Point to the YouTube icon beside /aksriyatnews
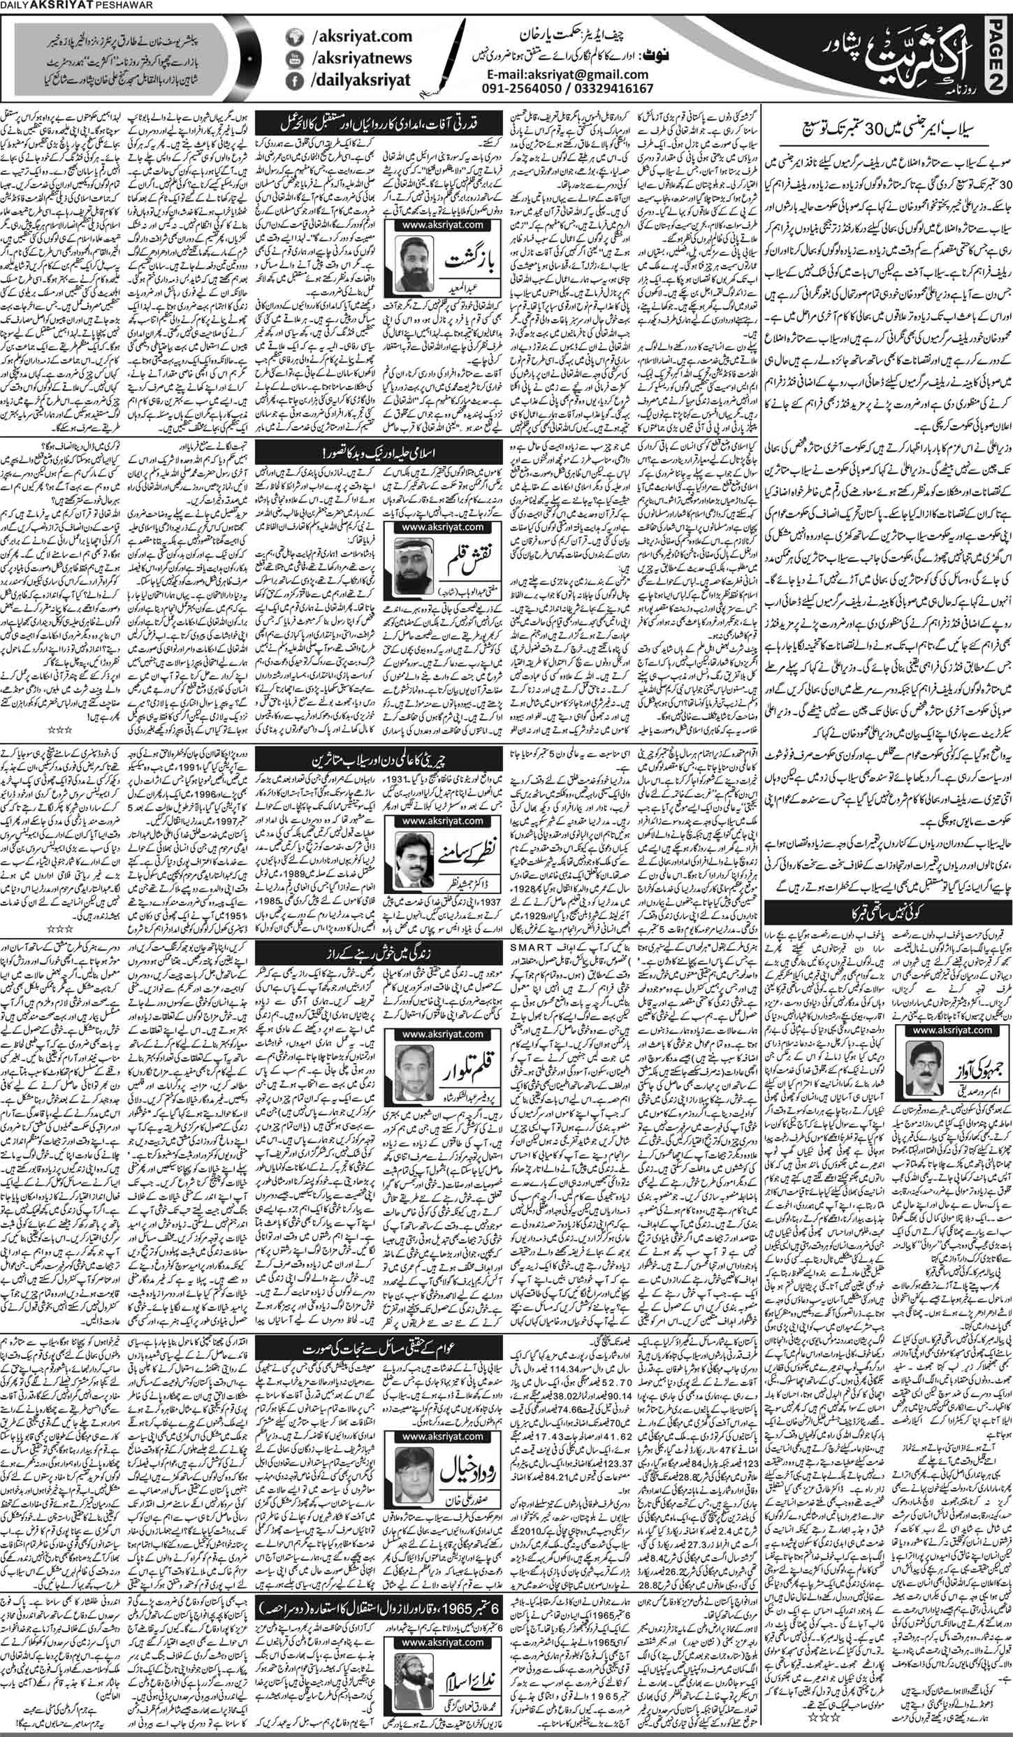pyautogui.click(x=291, y=57)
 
